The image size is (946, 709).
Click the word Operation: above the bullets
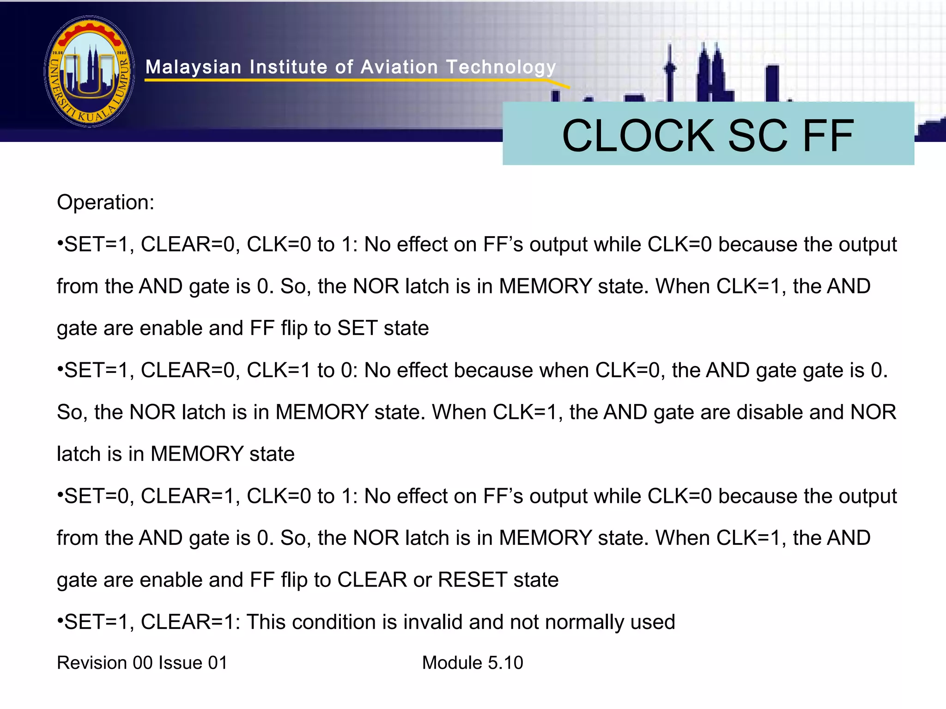tap(105, 202)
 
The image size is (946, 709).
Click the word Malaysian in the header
tap(194, 67)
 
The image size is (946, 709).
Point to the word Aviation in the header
tap(399, 67)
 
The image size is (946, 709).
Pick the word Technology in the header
tap(501, 67)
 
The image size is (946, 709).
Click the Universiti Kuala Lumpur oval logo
tap(90, 71)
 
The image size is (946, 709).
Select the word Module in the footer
tap(452, 663)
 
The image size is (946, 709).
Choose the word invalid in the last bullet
tap(431, 622)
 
